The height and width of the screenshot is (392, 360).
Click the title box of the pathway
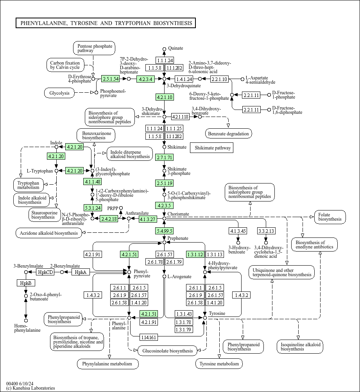(106, 23)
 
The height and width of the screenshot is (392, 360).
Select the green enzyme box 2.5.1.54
(110, 79)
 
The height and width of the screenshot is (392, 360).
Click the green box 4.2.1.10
(165, 97)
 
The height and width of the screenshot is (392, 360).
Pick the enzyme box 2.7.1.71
(165, 157)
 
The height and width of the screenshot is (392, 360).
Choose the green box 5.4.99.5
(165, 230)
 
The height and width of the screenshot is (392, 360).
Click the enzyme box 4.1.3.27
(148, 219)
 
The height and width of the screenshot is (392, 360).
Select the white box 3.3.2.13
(266, 230)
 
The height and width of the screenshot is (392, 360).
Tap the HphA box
(81, 272)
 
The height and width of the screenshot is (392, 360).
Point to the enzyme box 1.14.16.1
(149, 337)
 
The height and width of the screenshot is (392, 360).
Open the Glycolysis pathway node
(59, 93)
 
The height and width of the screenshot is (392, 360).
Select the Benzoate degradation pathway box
(228, 133)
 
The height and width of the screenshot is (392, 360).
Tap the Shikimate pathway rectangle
(212, 147)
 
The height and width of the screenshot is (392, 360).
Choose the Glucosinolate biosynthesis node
(167, 351)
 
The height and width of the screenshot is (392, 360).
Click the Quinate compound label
(176, 48)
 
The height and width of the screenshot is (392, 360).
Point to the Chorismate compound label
(178, 214)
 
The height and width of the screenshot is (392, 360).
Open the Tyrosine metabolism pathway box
(219, 364)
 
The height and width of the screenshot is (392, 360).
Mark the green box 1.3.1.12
(195, 254)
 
